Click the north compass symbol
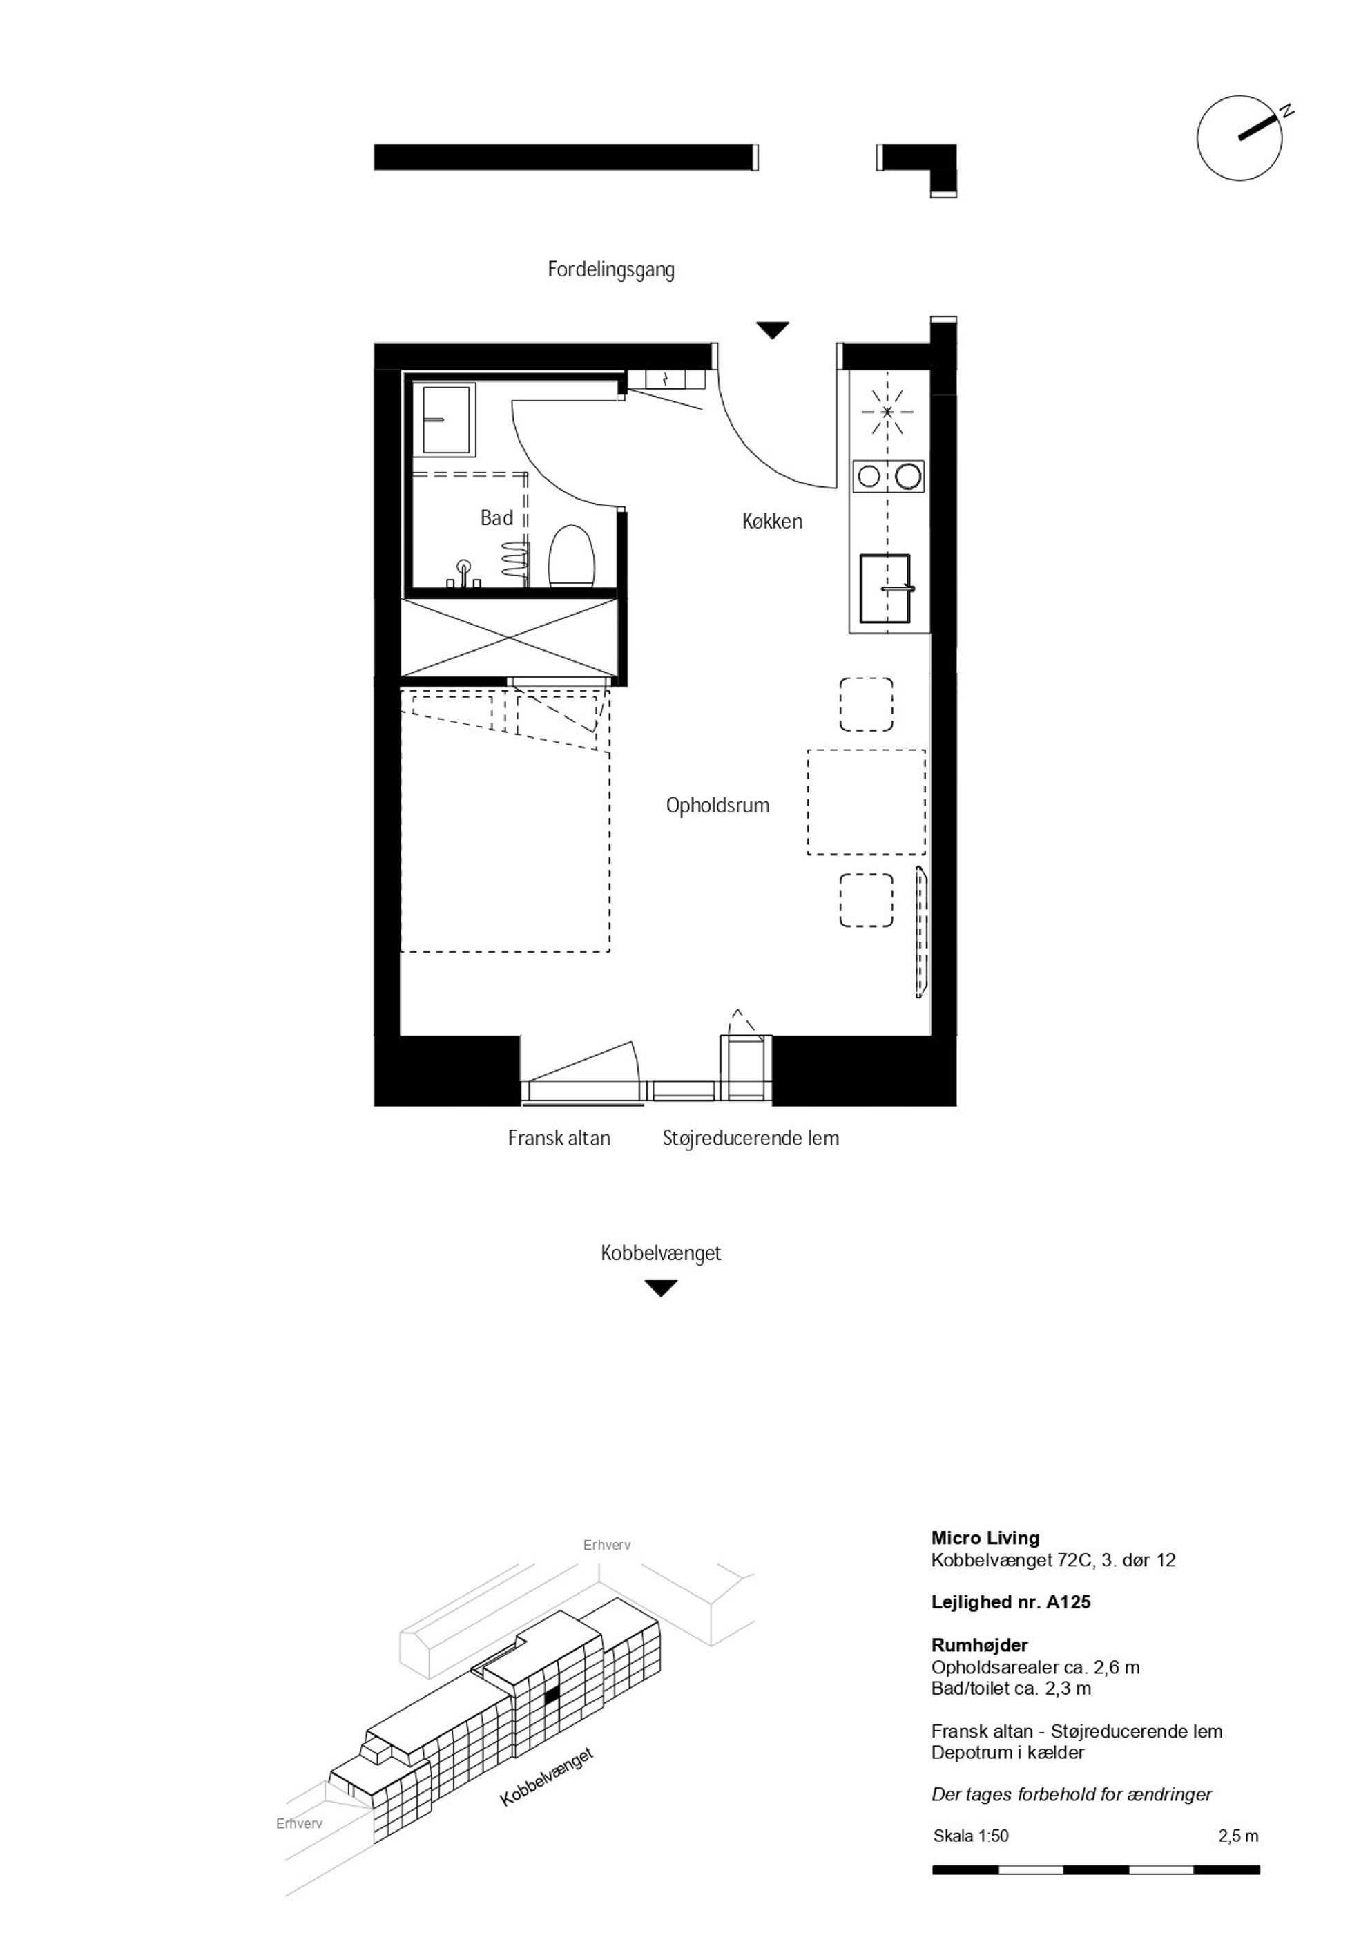[x=1240, y=137]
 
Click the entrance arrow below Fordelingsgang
[x=772, y=330]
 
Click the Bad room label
[x=496, y=518]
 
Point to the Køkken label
[x=772, y=522]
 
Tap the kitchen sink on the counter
[x=885, y=587]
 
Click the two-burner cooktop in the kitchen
[x=888, y=477]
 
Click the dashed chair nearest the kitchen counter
[x=866, y=705]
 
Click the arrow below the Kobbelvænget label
[x=661, y=1288]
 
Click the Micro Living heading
[x=985, y=1538]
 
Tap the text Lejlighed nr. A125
[x=1011, y=1602]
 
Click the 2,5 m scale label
[x=1238, y=1836]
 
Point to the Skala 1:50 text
[x=972, y=1836]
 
